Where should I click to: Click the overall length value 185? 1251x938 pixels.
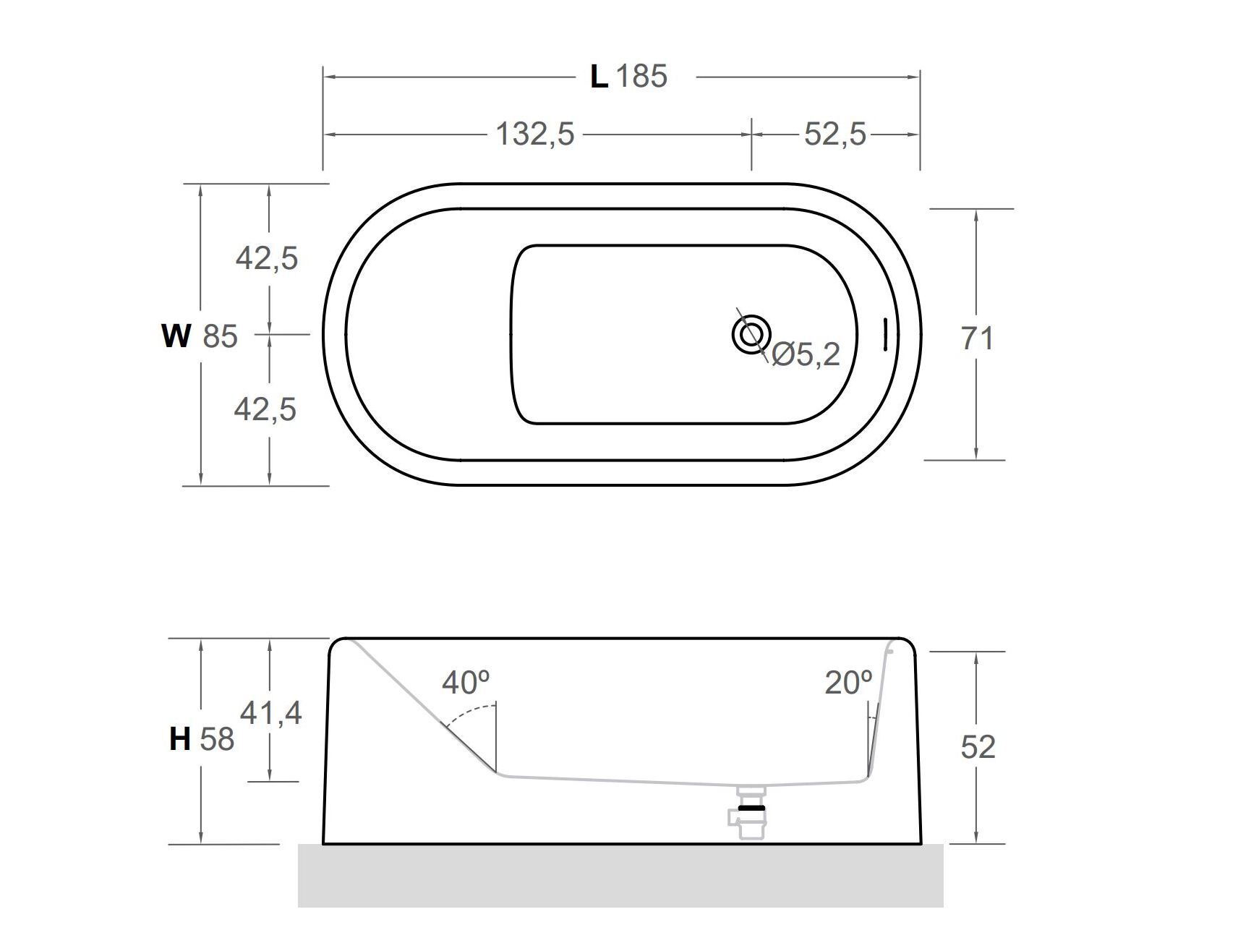[641, 76]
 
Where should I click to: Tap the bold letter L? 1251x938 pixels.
[599, 76]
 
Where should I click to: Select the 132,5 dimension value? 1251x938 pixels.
[535, 135]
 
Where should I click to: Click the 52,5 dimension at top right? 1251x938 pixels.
[834, 135]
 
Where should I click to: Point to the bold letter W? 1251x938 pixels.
[176, 336]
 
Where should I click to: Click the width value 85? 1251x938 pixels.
[220, 337]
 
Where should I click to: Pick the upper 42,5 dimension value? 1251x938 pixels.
[266, 258]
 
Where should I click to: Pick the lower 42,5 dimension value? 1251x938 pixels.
[265, 409]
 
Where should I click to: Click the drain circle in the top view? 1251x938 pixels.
[751, 334]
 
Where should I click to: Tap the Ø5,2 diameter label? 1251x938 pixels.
[806, 354]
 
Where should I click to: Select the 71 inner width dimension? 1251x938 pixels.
[977, 338]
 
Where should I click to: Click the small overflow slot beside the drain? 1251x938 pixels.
[884, 333]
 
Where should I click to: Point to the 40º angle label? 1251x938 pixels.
[466, 682]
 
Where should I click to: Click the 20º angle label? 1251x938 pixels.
[848, 683]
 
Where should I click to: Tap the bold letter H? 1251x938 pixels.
[179, 739]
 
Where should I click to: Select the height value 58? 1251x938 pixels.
[217, 739]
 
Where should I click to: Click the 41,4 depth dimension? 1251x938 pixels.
[270, 714]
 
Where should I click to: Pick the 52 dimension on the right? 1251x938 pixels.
[978, 747]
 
